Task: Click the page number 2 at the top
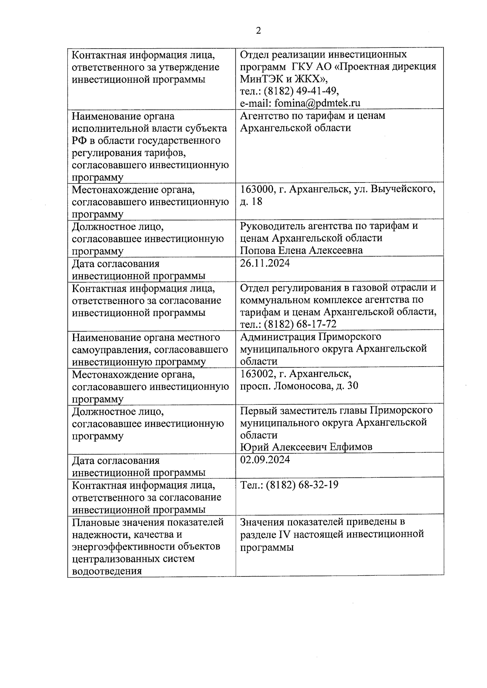(x=259, y=31)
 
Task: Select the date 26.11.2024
(x=265, y=263)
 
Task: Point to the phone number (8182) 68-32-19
(x=302, y=485)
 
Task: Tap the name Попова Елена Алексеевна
(x=301, y=251)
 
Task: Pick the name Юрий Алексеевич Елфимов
(x=306, y=447)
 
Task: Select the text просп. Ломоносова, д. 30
(x=299, y=386)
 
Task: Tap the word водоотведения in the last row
(x=107, y=571)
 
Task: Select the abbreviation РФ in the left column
(x=79, y=141)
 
